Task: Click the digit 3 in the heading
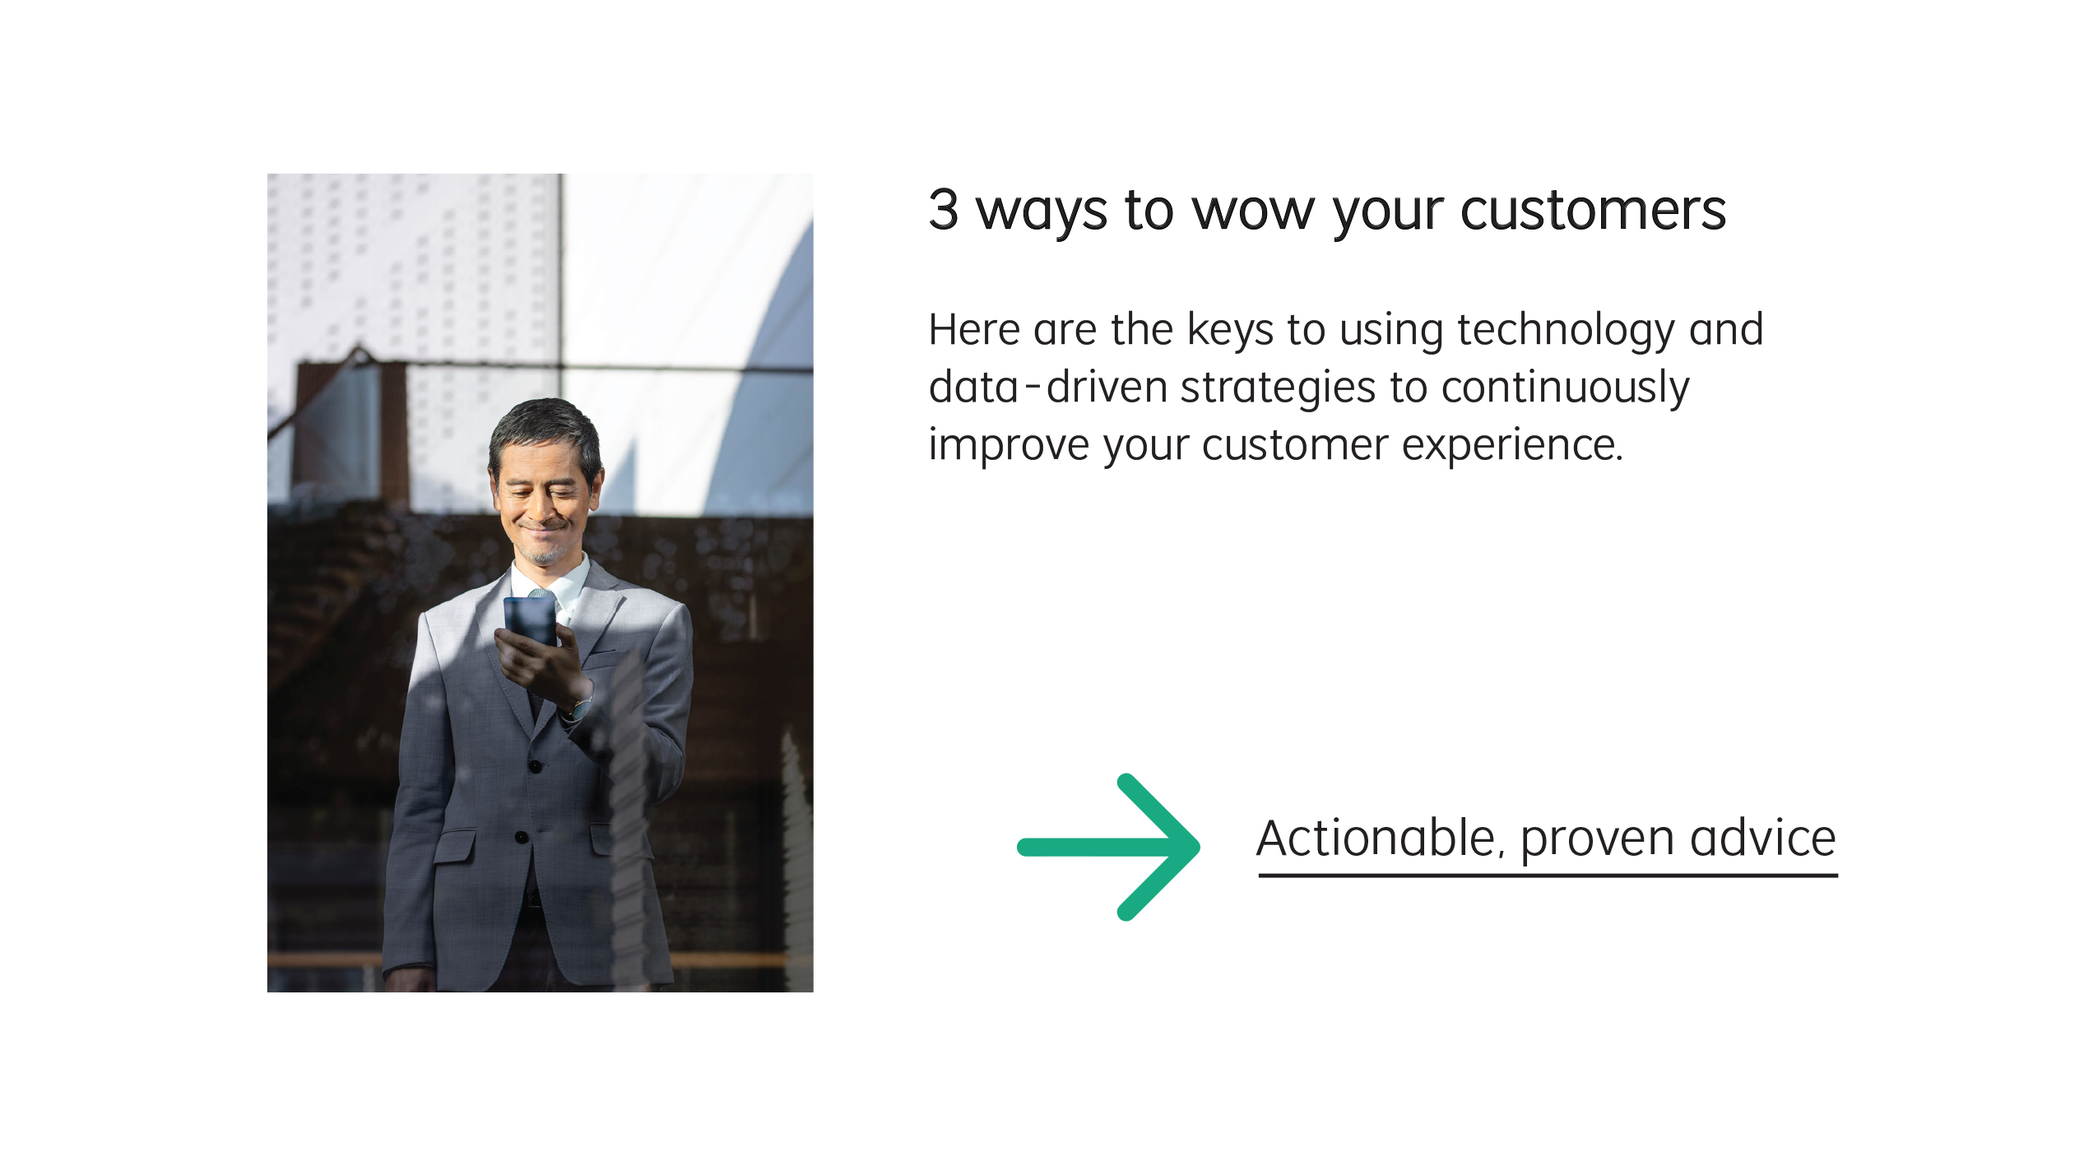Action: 944,209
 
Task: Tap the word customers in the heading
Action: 1593,211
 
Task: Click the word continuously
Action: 1565,388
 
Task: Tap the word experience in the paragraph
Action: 1511,446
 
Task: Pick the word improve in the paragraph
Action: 1009,446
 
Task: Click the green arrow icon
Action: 1108,847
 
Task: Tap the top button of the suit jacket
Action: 536,767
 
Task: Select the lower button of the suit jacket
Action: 521,837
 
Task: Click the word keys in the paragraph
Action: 1230,331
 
